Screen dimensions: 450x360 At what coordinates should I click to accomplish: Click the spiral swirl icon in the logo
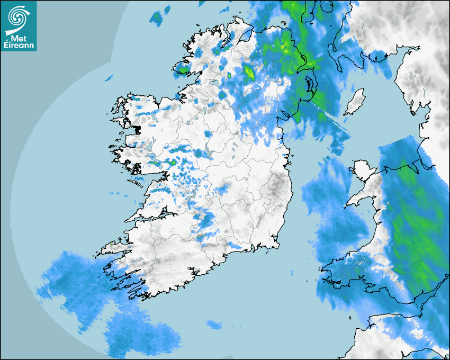pos(18,16)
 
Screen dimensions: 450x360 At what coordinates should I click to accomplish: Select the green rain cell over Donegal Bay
pos(183,69)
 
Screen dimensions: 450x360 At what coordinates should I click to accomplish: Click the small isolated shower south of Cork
pos(214,324)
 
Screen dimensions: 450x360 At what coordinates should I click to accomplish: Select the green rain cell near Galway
pos(172,162)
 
